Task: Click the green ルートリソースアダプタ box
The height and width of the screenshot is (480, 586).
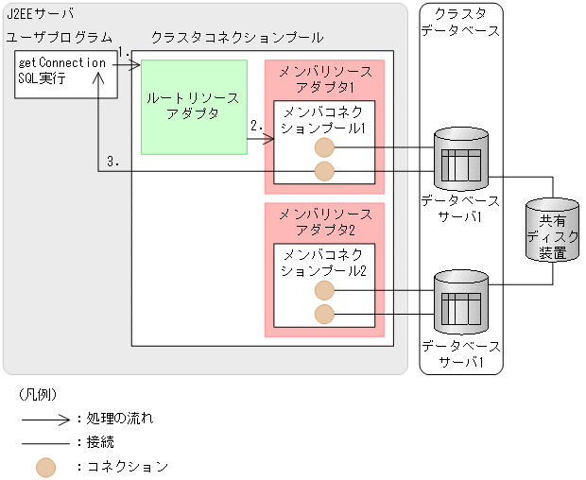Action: coord(194,107)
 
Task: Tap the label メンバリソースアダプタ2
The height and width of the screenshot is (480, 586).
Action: coord(324,223)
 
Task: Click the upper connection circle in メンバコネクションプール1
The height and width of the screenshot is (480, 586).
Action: coord(324,147)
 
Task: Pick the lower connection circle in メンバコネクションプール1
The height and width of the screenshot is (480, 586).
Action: coord(324,171)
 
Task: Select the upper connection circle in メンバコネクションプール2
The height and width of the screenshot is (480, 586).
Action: coord(324,290)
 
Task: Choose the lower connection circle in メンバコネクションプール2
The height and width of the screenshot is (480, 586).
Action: coord(324,314)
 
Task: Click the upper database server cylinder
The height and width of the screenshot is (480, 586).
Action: coord(461,160)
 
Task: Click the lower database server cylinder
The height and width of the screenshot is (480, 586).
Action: coord(461,302)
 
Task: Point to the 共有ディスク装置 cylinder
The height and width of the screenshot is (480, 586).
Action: coord(553,231)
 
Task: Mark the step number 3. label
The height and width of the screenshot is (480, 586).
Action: coord(112,162)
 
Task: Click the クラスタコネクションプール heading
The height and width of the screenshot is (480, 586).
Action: coord(237,37)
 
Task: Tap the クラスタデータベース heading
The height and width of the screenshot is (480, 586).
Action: coord(461,23)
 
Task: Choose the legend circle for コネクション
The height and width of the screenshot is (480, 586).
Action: coord(45,466)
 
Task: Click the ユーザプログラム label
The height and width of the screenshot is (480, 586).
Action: coord(55,37)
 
